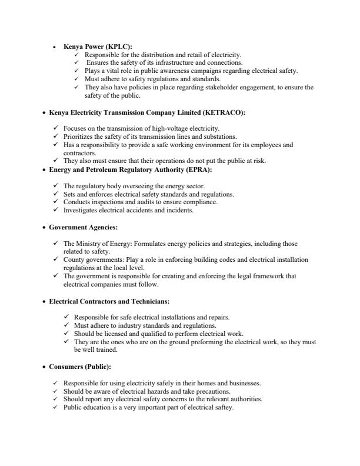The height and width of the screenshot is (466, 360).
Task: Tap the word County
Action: click(x=74, y=259)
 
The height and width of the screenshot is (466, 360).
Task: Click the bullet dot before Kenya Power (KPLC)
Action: click(x=55, y=47)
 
